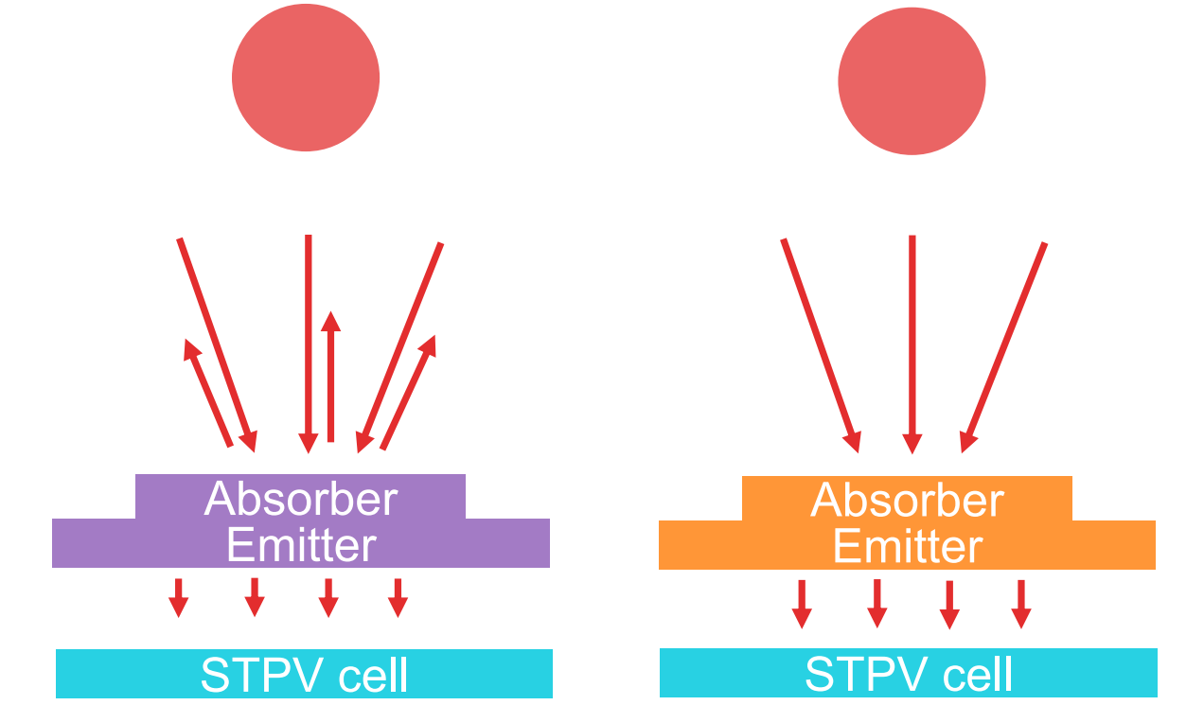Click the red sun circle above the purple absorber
(306, 78)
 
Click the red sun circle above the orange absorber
(912, 81)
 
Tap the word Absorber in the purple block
(301, 499)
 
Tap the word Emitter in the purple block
(301, 545)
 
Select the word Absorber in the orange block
(907, 501)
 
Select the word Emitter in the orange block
(907, 547)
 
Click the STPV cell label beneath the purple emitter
(304, 675)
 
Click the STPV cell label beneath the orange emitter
(909, 675)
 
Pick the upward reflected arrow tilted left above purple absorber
(209, 394)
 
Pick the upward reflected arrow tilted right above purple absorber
(408, 392)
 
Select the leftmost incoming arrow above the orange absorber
(820, 344)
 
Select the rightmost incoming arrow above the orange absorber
(1004, 346)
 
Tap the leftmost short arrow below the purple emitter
(177, 597)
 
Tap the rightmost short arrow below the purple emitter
(398, 597)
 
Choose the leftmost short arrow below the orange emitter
(802, 603)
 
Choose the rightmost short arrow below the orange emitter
(1020, 603)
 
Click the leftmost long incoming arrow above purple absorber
(216, 344)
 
